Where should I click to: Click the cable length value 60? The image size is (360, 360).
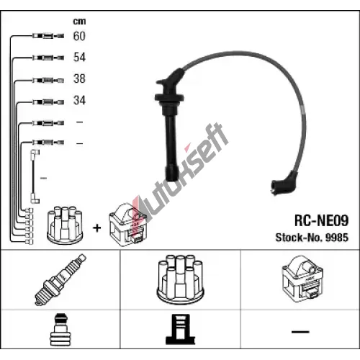pos(79,36)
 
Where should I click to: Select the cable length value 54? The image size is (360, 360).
pos(79,58)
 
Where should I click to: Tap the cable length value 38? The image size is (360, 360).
pos(79,78)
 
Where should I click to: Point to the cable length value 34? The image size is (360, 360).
pos(79,100)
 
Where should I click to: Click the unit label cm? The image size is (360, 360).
pos(79,22)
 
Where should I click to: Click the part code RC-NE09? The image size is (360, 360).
pos(321,220)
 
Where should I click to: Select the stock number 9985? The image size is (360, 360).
pos(337,238)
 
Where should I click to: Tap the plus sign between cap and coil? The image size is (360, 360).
pos(97,228)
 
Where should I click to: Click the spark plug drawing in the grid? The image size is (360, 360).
pos(60,279)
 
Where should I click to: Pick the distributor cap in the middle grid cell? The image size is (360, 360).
pos(180,279)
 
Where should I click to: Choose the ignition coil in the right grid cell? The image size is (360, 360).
pos(302,279)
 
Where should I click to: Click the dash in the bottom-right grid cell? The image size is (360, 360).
pos(300,332)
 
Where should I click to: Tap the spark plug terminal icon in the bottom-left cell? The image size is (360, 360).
pos(60,329)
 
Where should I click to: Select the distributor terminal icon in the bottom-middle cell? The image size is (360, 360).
pos(180,329)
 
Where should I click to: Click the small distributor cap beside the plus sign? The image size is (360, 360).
pos(65,225)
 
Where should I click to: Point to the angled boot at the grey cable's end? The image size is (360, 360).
pos(284,184)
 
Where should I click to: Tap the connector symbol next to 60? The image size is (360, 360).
pos(48,36)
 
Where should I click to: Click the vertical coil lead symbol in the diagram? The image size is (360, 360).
pos(35,176)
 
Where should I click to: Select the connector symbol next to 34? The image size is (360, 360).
pos(48,102)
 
